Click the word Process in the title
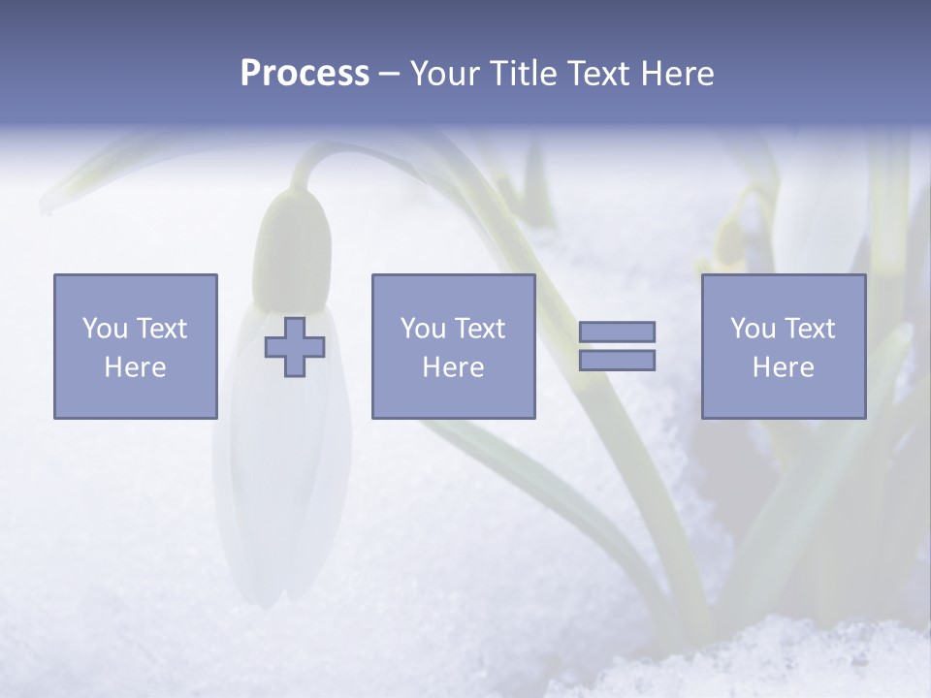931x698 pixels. [x=305, y=74]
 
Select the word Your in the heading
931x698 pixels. [x=447, y=74]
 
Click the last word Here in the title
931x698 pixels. [x=675, y=74]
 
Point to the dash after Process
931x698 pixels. [x=389, y=75]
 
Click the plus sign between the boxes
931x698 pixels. [x=295, y=347]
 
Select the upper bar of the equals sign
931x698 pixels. [x=617, y=332]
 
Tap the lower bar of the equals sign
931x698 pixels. [x=617, y=360]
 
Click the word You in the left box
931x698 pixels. [x=104, y=329]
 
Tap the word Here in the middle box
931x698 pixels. [x=453, y=367]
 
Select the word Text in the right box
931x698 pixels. [x=809, y=329]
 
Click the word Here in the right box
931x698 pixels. [x=783, y=367]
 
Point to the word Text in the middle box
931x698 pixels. [x=479, y=329]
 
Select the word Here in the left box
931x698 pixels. [x=135, y=367]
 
